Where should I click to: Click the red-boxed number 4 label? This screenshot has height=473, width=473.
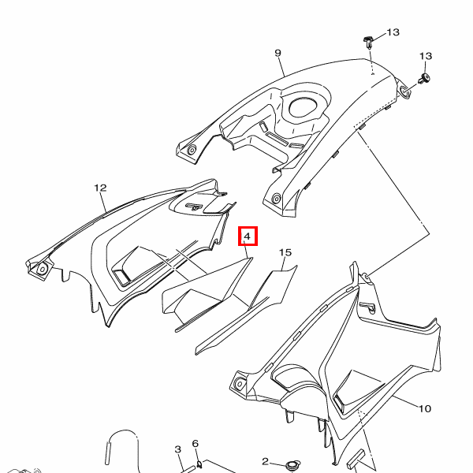[247, 236]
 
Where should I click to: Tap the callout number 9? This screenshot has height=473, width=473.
[277, 53]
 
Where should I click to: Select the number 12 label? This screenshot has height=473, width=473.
[100, 188]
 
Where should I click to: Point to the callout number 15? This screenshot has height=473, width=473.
[285, 252]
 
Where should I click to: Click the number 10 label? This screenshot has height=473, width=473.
[425, 409]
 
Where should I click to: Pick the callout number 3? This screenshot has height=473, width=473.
[178, 449]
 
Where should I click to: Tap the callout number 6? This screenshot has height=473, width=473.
[195, 445]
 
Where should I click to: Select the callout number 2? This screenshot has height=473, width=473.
[266, 461]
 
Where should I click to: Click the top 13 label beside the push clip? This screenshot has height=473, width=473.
[393, 32]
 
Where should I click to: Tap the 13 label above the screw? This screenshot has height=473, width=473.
[426, 56]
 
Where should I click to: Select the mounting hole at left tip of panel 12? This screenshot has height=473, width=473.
[42, 269]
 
